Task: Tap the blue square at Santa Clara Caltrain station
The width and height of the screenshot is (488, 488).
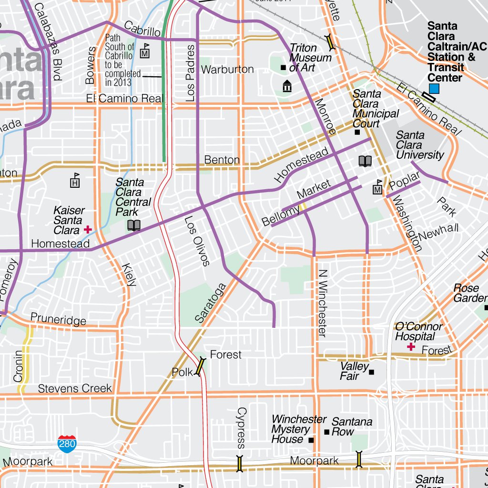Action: [x=434, y=88]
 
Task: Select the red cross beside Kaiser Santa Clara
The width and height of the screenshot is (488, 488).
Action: [x=88, y=230]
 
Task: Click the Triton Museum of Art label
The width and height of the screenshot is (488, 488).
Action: [x=310, y=58]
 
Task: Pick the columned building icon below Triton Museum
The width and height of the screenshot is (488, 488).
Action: [x=287, y=86]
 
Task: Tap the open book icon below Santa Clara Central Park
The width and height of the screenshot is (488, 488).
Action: [x=134, y=225]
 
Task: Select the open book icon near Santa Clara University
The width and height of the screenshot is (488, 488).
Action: [x=365, y=161]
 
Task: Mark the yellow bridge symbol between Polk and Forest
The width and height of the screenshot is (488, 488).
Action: [x=201, y=366]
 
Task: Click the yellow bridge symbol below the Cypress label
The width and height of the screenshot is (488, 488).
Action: [x=240, y=463]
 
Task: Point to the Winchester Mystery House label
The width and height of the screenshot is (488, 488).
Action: [x=298, y=429]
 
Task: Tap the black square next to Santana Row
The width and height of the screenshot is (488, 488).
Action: [x=327, y=432]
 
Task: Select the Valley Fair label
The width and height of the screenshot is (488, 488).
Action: [x=354, y=371]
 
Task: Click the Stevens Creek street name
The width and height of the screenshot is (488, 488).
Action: [x=75, y=388]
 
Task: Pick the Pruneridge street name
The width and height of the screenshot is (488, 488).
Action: [x=58, y=319]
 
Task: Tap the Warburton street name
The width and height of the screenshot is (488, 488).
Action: [x=227, y=70]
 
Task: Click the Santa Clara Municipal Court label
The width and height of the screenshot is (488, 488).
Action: [x=375, y=109]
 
